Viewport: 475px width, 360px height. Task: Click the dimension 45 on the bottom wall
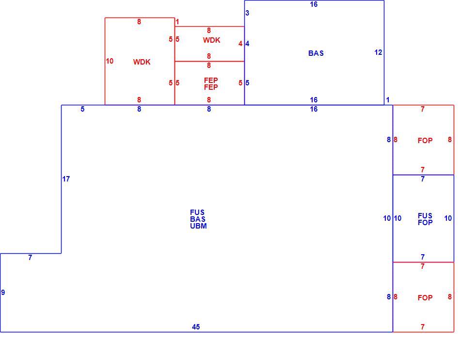coord(196,327)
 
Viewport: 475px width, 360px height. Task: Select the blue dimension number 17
coord(66,179)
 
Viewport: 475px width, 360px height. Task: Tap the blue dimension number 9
coord(3,293)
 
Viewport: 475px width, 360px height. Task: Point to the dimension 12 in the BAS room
coord(378,52)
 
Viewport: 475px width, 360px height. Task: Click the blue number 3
coord(247,13)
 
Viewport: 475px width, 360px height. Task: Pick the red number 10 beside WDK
coord(110,61)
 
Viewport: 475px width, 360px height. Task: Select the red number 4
coord(240,44)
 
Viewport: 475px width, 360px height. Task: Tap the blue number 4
coord(247,44)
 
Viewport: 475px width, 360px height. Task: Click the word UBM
coord(198,226)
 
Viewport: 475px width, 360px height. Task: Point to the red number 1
coord(177,22)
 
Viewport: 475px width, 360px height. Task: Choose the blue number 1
coord(387,100)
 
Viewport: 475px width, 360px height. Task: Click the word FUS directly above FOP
coord(425,215)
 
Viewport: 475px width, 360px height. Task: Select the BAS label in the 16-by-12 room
coord(316,53)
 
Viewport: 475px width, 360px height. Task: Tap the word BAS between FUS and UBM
coord(198,219)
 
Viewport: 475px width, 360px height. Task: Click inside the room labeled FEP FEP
coord(209,94)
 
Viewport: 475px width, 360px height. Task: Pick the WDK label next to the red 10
coord(142,62)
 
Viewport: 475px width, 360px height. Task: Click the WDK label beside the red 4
coord(211,40)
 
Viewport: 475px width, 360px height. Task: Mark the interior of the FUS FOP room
coord(423,237)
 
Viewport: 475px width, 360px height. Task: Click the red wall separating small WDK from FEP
coord(209,61)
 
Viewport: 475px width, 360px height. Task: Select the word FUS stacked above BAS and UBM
coord(197,213)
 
